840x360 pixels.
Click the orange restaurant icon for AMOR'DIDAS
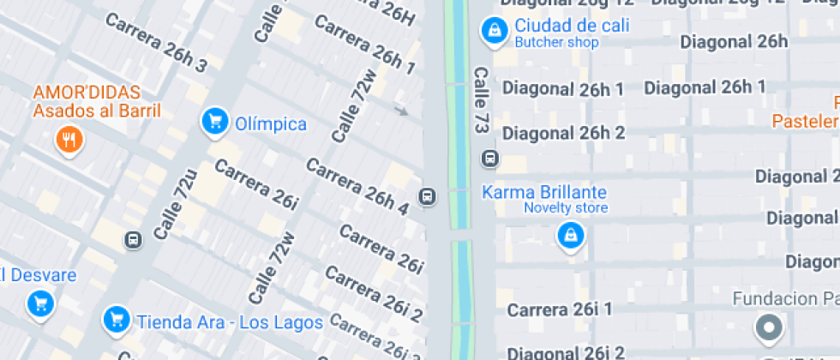[x=69, y=139]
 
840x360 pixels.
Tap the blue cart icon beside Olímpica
[x=213, y=122]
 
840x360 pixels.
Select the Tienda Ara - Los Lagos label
[x=229, y=322]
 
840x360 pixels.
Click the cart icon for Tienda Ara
[x=117, y=321]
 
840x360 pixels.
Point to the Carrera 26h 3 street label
[x=155, y=41]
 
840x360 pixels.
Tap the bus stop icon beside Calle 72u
[x=133, y=240]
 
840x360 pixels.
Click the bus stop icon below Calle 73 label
[x=490, y=159]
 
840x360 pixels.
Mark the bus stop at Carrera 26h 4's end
[x=426, y=197]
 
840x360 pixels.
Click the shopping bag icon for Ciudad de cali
[x=494, y=31]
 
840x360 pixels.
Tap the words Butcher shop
[x=556, y=42]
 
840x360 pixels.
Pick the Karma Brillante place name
[x=543, y=192]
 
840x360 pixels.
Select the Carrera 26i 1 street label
[x=560, y=309]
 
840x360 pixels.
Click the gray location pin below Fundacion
[x=768, y=328]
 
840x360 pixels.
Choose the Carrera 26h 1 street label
[x=364, y=43]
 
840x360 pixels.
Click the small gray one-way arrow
[x=401, y=110]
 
